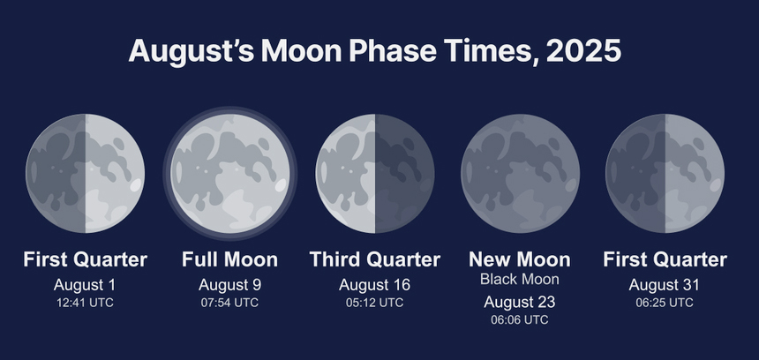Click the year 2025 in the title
point(583,51)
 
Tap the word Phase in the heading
point(393,51)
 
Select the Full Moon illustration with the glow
point(230,173)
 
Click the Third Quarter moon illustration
point(375,173)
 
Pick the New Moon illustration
point(520,173)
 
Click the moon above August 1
point(86,173)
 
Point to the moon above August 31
point(665,173)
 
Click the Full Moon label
point(230,259)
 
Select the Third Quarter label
point(375,259)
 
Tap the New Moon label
point(520,259)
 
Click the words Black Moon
point(520,279)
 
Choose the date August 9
point(230,285)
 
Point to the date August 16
point(375,285)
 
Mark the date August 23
point(520,303)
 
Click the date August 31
point(664,285)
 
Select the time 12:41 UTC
point(85,303)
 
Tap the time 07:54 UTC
point(229,303)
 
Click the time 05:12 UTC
point(374,303)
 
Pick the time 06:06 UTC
point(520,319)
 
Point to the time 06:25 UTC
point(664,303)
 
